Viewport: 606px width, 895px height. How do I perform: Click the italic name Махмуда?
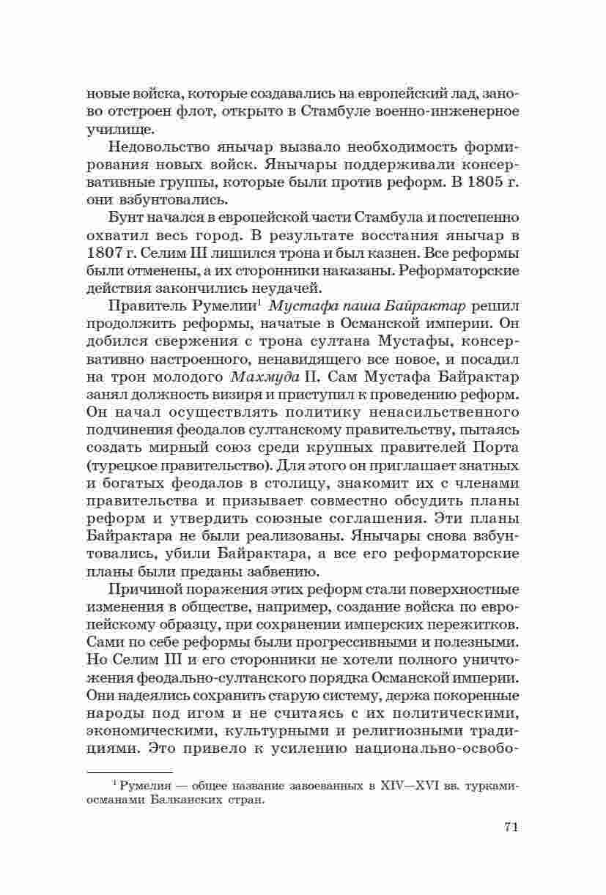point(258,377)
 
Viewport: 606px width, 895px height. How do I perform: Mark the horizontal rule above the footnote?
point(130,772)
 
